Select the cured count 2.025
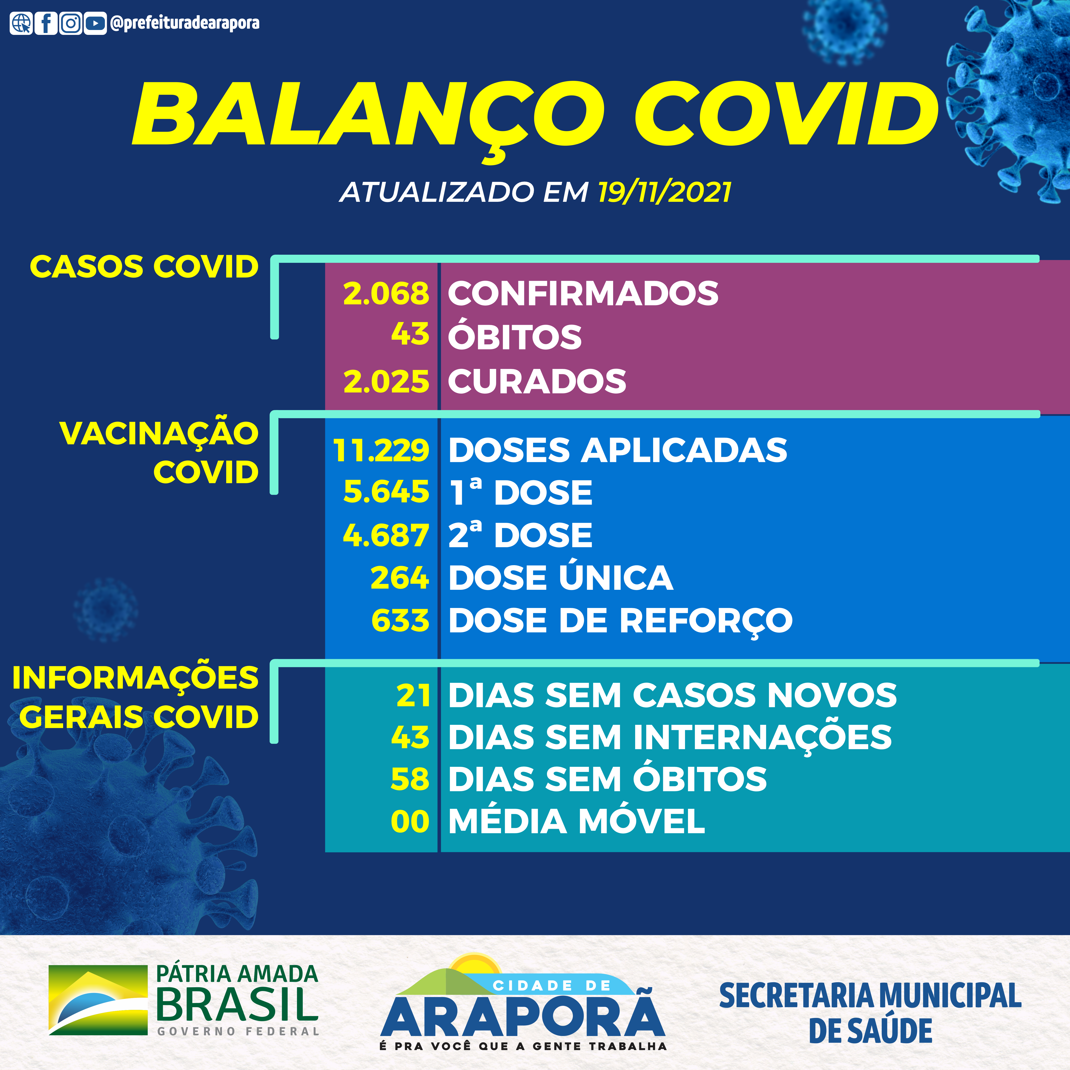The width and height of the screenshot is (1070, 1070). (x=386, y=382)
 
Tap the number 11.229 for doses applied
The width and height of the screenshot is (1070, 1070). (x=381, y=450)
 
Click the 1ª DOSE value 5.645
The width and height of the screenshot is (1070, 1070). (x=386, y=492)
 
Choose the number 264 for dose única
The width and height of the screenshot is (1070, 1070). (x=399, y=578)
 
